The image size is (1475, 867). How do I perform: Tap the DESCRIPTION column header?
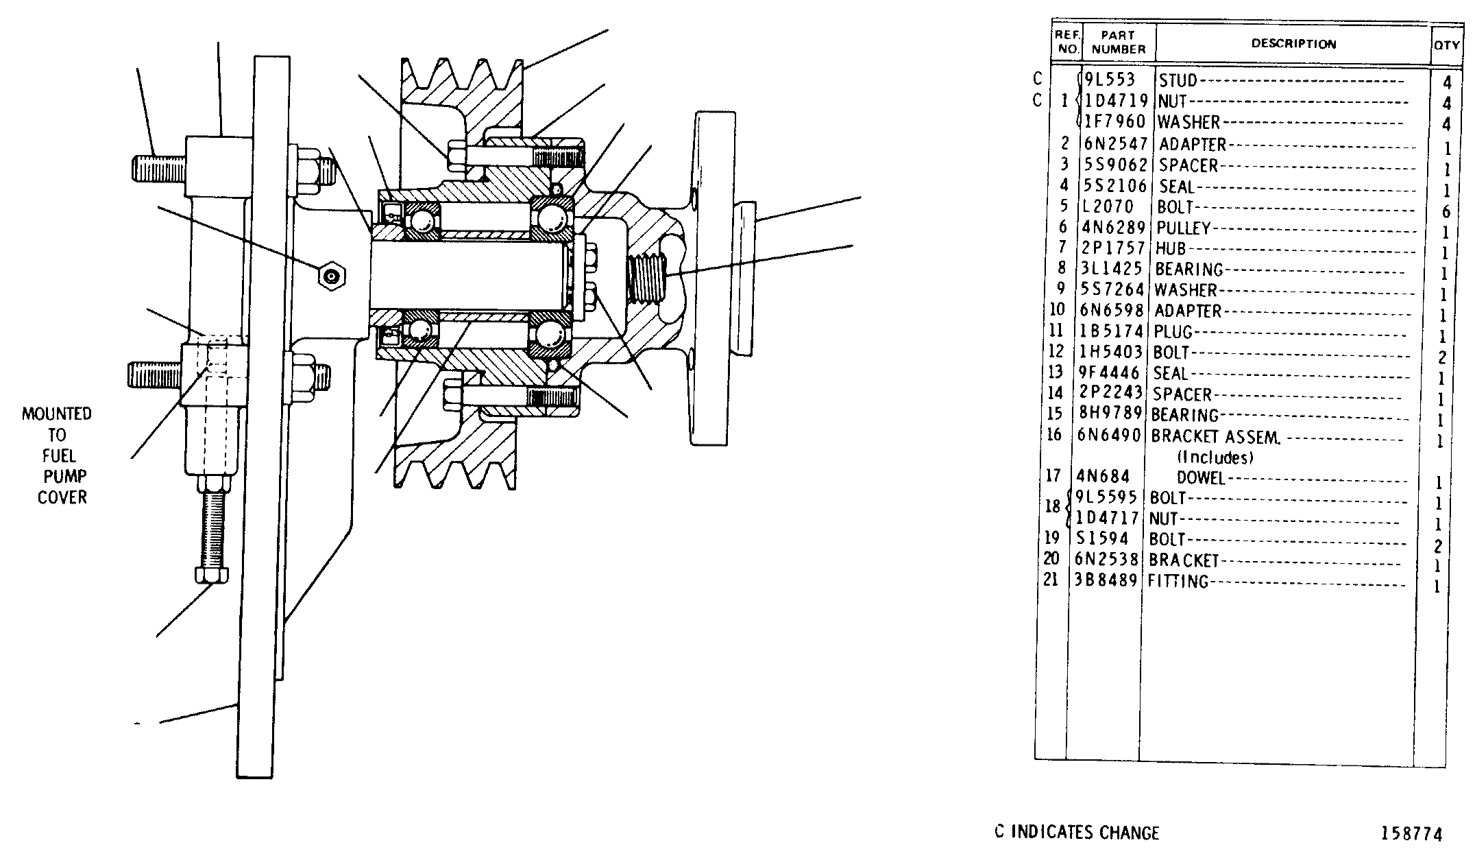pos(1294,44)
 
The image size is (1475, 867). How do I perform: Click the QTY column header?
pos(1447,45)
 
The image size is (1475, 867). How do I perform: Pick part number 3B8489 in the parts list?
pos(1108,580)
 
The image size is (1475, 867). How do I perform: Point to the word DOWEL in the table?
pos(1201,477)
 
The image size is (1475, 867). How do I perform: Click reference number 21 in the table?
pos(1051,580)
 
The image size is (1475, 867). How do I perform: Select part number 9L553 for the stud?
pos(1110,80)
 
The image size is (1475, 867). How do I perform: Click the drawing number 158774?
pos(1412,834)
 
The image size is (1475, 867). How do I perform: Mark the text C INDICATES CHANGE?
pos(1077,833)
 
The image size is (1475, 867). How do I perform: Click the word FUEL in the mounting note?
pos(59,455)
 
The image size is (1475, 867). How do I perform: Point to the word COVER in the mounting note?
pos(62,497)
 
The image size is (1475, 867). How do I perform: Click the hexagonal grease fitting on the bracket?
pos(332,276)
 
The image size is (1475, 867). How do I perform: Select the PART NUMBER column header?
pos(1119,43)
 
